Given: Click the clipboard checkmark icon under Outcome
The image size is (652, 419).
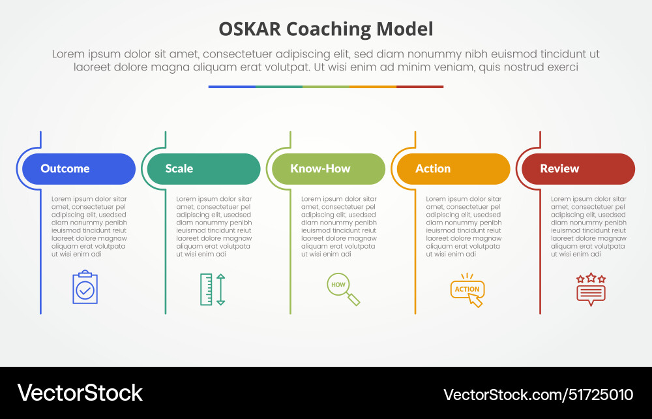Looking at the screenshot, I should (85, 288).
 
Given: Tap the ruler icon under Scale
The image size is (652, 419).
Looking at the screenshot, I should (206, 289).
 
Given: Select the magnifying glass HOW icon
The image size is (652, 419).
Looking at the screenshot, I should (342, 288).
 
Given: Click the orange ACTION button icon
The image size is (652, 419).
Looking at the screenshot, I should (467, 290).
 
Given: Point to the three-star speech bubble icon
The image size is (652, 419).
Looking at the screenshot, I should (591, 289).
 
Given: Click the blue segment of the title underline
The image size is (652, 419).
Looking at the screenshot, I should (231, 86).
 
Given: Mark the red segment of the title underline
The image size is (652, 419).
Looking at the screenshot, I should (420, 86).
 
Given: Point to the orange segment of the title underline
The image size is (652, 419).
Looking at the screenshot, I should (372, 86).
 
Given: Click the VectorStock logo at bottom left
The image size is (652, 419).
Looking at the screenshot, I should (80, 393).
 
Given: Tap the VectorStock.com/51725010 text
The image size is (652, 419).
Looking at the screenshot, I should (538, 394).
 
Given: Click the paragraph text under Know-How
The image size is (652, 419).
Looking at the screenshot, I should (338, 226).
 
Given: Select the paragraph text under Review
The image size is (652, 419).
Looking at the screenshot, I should (588, 226).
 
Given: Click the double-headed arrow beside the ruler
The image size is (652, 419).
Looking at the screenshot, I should (220, 289).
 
